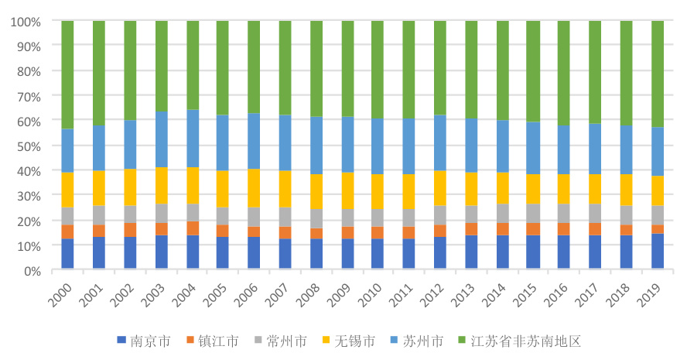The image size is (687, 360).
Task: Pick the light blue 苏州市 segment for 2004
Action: (x=192, y=139)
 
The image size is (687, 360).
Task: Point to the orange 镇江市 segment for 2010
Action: (x=378, y=232)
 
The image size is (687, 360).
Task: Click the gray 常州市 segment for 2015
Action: (x=533, y=214)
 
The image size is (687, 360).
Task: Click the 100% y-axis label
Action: (x=24, y=22)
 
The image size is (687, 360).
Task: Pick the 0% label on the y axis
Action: (x=30, y=271)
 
